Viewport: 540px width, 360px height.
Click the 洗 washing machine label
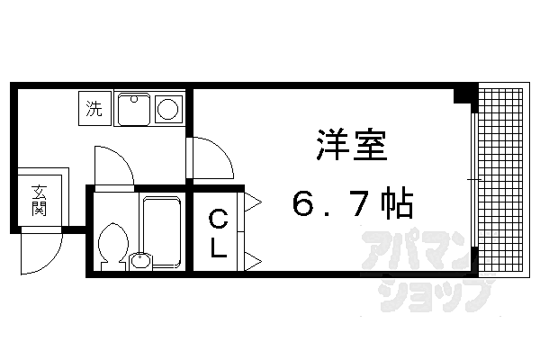pos(94,110)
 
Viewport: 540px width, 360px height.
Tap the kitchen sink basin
pos(134,110)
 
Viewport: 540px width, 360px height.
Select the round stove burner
pos(169,110)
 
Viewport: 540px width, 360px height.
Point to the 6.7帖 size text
pos(352,206)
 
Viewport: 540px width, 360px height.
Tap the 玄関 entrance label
pos(39,200)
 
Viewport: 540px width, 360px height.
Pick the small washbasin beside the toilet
pos(139,262)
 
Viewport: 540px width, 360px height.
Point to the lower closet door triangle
pos(251,261)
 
